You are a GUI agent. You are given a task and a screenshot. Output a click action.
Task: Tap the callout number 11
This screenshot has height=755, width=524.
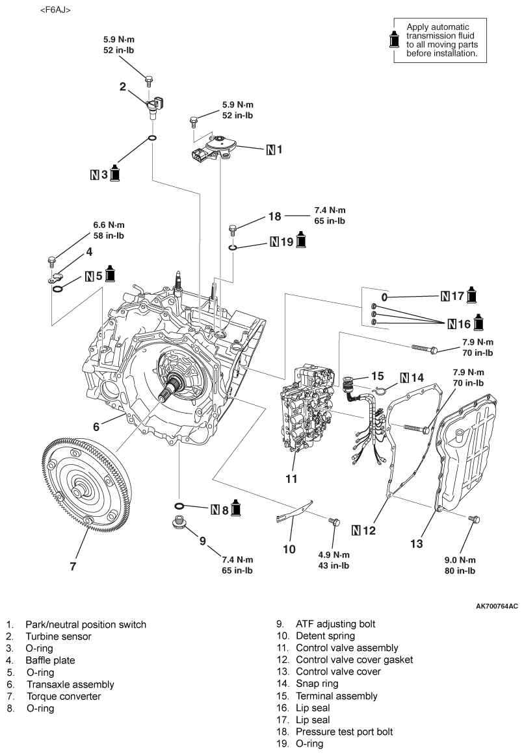click(291, 478)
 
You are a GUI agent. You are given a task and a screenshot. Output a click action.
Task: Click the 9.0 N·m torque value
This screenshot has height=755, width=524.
click(460, 560)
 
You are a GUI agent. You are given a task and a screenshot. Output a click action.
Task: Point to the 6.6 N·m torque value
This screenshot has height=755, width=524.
click(109, 225)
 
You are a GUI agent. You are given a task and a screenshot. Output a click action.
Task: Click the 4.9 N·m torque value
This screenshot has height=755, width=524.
click(334, 554)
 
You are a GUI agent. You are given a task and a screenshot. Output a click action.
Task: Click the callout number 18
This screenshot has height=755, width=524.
click(275, 217)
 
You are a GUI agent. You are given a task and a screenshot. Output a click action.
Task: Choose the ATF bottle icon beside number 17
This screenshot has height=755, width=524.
click(471, 294)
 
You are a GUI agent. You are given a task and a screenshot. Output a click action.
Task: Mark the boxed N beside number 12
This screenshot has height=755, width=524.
click(356, 530)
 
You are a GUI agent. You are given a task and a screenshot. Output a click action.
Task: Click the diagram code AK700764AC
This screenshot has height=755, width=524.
click(497, 606)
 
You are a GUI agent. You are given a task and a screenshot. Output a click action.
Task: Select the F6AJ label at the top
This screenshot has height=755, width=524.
click(55, 10)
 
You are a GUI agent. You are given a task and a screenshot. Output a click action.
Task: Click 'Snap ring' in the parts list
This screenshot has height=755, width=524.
click(317, 684)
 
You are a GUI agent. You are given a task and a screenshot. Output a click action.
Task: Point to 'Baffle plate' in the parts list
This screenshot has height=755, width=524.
click(50, 660)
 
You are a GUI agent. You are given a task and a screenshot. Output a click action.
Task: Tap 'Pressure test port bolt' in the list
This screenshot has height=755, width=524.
click(344, 732)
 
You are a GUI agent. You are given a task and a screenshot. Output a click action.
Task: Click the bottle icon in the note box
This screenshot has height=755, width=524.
click(395, 40)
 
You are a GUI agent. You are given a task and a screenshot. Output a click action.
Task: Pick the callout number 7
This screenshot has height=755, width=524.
click(73, 566)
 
